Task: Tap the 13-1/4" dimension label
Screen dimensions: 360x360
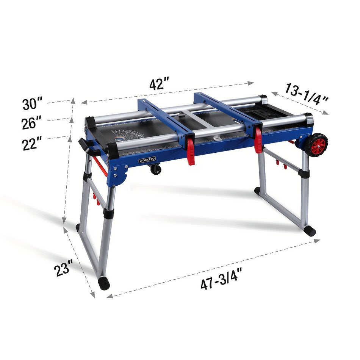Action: (x=307, y=94)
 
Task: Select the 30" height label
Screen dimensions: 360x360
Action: (x=32, y=103)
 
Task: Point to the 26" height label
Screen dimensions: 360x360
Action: (x=32, y=123)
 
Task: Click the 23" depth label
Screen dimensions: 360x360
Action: (x=63, y=268)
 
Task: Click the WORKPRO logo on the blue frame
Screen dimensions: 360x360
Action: (x=147, y=160)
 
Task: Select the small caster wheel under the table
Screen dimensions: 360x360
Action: (x=156, y=170)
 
